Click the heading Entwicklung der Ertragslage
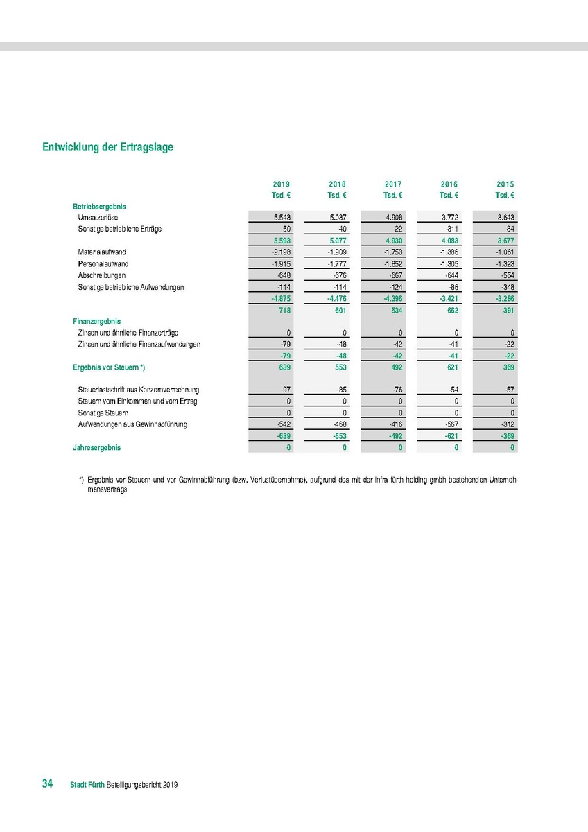(107, 147)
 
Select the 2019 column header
(281, 184)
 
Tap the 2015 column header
(505, 184)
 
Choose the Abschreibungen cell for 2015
(505, 275)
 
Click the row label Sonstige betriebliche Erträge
(119, 229)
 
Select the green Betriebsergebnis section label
(99, 206)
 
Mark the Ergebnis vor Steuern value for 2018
(337, 367)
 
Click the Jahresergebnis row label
(96, 448)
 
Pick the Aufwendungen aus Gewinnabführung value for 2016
(449, 424)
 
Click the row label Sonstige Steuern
(104, 413)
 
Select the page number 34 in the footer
(48, 783)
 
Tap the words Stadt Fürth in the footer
(87, 785)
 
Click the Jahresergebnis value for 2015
(512, 448)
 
